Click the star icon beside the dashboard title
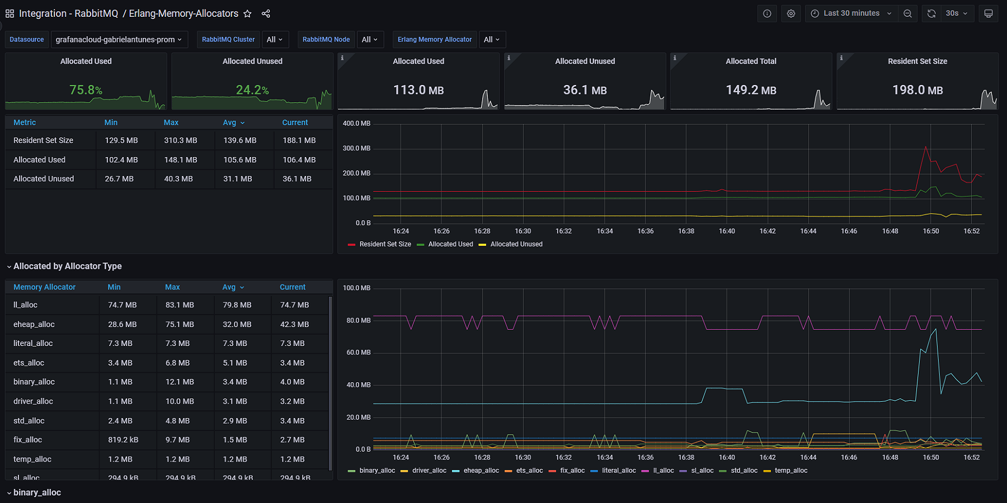247,13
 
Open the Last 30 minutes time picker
850,13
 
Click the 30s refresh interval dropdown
956,13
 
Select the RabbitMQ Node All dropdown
369,40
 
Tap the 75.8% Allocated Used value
86,90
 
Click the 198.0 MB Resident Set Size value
917,90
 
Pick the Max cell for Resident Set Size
180,140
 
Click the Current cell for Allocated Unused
297,179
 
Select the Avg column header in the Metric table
229,122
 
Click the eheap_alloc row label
34,324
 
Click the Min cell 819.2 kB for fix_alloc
123,440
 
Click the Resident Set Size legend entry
385,244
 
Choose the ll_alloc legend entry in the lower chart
663,471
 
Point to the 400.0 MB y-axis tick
356,124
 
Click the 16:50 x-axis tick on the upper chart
930,231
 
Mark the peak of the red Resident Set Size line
925,147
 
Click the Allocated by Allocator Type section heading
67,266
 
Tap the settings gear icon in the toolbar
790,13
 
